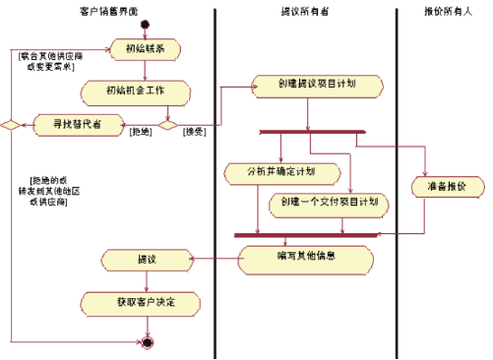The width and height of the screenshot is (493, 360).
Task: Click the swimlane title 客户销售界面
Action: coord(109,12)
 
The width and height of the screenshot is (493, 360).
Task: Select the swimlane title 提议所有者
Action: coord(304,12)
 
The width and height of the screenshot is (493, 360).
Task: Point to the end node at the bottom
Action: coord(147,342)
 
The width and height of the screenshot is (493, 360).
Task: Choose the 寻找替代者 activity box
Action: coord(76,124)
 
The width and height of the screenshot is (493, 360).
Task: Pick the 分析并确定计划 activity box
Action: coord(281,173)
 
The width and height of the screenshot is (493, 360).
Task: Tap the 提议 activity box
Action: coord(146,261)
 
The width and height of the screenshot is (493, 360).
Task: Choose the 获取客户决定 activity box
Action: coord(146,302)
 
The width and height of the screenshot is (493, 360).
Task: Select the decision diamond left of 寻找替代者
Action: coord(10,124)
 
